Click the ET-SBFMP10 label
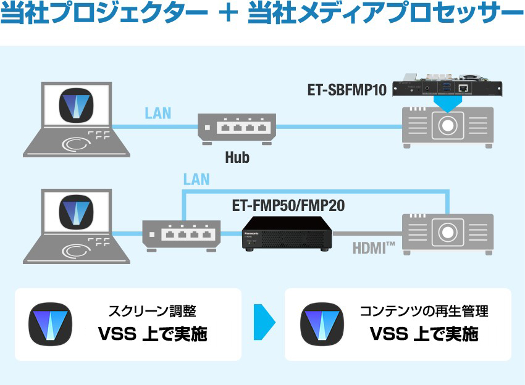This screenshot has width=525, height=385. [x=346, y=90]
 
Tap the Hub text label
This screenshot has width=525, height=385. [x=237, y=157]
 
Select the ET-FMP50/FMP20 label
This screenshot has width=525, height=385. [x=288, y=205]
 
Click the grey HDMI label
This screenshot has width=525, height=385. [x=374, y=249]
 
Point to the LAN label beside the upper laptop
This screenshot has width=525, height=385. [x=157, y=114]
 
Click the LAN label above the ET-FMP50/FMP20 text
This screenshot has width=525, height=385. [x=196, y=180]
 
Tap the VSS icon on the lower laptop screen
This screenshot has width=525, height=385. [x=77, y=213]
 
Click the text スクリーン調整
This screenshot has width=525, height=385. [x=152, y=312]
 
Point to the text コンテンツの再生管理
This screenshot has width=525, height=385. [x=424, y=312]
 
